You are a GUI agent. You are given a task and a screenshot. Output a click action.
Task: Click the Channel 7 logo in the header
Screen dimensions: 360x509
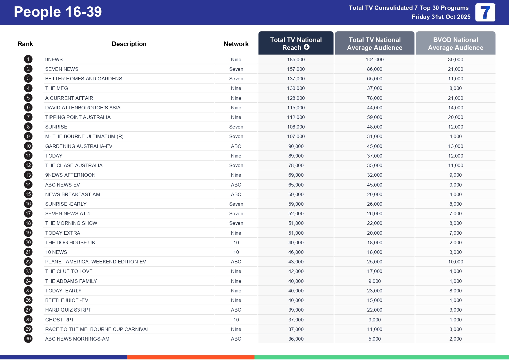pos(485,12)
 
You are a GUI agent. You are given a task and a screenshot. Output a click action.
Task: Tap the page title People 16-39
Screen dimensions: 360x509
pos(58,12)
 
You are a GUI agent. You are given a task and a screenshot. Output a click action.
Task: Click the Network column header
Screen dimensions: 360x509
pos(236,44)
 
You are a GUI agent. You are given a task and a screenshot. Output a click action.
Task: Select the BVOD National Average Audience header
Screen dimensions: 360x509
pos(455,44)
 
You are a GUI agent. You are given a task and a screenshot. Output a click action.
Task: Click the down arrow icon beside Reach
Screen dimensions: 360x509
pos(307,47)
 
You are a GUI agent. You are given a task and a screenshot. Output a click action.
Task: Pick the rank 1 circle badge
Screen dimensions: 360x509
pos(28,59)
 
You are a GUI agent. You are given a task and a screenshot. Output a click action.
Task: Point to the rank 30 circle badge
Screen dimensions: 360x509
pos(28,339)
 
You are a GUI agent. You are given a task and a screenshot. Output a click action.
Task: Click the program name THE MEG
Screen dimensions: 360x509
pos(57,88)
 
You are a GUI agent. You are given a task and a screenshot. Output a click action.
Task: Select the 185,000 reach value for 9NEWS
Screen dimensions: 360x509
pos(296,59)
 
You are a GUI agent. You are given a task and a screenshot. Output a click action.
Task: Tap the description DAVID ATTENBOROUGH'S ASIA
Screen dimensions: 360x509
pos(83,108)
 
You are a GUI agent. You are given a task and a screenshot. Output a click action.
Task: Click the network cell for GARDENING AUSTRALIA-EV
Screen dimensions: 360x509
pos(236,146)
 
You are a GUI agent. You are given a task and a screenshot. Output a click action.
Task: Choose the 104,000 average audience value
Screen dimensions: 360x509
pos(374,59)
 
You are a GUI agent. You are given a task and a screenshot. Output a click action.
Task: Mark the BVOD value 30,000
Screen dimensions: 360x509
pos(455,59)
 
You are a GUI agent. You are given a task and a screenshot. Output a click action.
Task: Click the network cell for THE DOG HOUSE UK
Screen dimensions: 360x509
pos(236,243)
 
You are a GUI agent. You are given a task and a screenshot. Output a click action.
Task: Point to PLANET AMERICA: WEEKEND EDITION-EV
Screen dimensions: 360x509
pos(95,262)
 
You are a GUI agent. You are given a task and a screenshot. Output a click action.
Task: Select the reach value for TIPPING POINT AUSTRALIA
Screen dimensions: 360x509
pos(296,117)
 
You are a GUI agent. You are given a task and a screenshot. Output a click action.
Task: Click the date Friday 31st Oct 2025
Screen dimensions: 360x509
pos(441,17)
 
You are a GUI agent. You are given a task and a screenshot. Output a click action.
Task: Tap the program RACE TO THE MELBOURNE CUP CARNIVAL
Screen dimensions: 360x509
pos(97,329)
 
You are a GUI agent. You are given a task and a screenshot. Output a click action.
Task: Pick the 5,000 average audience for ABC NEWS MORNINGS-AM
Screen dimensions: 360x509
pos(374,339)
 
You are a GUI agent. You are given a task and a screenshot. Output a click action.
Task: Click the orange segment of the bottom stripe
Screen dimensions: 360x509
pos(191,357)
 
